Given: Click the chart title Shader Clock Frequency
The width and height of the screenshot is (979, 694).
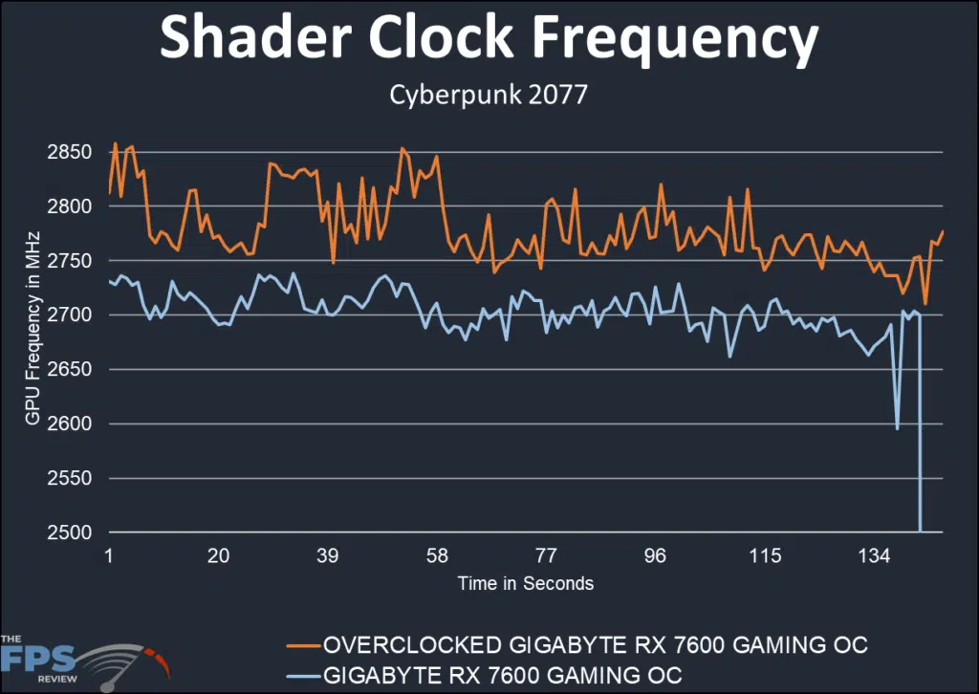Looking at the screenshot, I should coord(489,39).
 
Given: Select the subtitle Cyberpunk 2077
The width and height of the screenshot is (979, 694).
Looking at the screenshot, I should coord(489,97).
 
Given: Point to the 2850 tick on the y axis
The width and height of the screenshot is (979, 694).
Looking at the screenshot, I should coord(68,153).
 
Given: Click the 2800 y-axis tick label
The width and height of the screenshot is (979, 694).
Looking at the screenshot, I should coord(68,206).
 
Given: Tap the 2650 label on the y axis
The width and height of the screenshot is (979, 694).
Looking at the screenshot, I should coord(68,370).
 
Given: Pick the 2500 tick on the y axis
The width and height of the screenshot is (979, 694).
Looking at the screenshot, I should coord(68,532).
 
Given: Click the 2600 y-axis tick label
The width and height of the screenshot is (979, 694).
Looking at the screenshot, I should coord(68,424).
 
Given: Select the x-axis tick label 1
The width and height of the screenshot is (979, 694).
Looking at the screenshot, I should coord(109,556).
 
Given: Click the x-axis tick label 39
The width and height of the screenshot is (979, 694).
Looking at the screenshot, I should coord(328,556).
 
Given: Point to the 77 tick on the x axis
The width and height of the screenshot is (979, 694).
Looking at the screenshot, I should coord(546,556).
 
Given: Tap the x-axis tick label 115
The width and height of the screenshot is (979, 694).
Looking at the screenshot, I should coord(765,556).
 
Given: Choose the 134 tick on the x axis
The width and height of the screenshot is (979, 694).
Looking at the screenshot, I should coord(874,556).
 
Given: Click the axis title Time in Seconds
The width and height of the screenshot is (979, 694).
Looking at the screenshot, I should coord(525,583).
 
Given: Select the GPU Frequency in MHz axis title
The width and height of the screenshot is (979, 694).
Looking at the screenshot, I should coord(33,341).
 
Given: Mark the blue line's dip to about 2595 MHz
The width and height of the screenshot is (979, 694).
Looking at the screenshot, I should coord(897,428).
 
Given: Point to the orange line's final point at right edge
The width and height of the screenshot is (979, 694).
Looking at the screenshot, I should coord(943,231).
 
